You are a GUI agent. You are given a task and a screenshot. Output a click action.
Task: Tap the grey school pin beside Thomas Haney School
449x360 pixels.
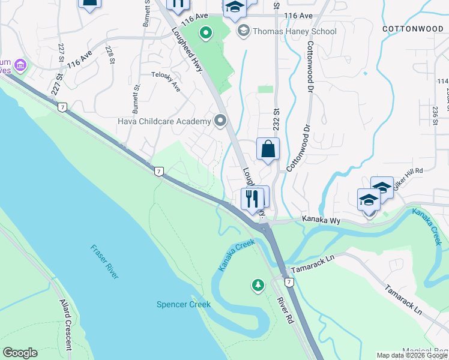point(243,30)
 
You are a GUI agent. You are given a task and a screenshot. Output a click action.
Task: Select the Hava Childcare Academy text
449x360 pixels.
point(164,122)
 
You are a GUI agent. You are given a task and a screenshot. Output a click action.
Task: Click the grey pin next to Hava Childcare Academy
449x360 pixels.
point(220,122)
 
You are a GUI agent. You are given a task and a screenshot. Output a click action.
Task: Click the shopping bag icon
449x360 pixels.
point(268,148)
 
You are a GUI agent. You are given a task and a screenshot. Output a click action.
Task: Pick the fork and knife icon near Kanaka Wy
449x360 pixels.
point(252,198)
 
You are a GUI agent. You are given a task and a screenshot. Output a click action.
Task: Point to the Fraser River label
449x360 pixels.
point(104,262)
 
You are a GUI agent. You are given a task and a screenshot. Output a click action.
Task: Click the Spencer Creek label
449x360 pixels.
point(183,304)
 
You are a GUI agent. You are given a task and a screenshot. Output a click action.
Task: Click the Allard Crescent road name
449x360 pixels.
point(65,325)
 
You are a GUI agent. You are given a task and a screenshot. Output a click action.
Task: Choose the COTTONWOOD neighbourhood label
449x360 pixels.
point(412,29)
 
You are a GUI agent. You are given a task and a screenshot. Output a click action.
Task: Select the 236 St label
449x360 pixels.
point(435,116)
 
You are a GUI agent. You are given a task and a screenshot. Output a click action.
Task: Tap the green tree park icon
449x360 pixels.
point(259,285)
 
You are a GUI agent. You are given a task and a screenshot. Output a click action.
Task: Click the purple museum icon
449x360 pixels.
point(20,64)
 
